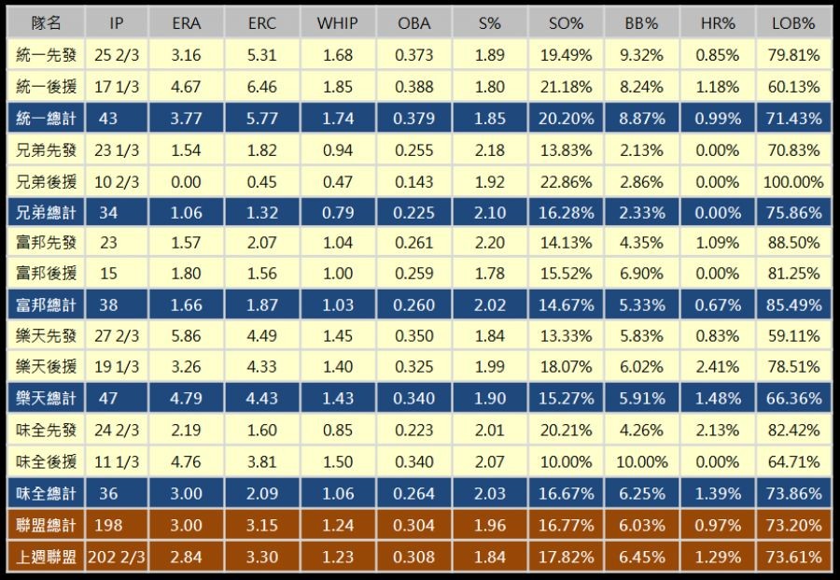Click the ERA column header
[187, 23]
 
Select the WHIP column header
[337, 23]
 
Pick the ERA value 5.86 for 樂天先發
[187, 337]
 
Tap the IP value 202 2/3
[116, 557]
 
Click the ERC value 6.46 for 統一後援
[262, 87]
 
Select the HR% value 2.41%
[719, 368]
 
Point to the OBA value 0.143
[413, 181]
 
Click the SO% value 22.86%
[567, 181]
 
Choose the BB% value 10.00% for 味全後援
[642, 462]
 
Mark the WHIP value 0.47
[337, 181]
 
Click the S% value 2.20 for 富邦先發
[489, 243]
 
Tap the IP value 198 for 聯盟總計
[108, 525]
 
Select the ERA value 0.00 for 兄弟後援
[187, 181]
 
